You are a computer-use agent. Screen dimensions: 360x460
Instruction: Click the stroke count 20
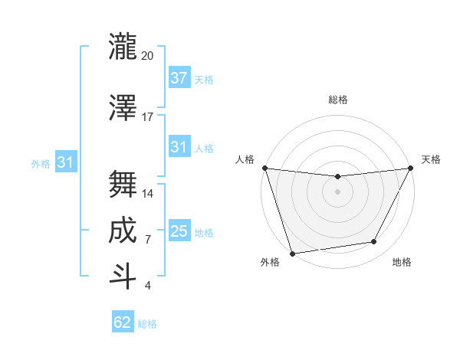click(x=148, y=56)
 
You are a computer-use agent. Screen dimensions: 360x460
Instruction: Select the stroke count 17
click(x=148, y=117)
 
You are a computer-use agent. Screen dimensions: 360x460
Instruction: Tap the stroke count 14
click(x=148, y=194)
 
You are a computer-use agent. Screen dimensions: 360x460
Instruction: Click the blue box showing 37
click(x=179, y=78)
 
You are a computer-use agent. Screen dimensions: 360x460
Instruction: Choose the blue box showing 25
click(x=179, y=231)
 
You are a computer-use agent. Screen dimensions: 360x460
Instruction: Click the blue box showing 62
click(x=123, y=322)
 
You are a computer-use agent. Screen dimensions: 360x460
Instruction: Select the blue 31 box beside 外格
click(x=65, y=162)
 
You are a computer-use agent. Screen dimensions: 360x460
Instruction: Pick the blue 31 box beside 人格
click(x=179, y=147)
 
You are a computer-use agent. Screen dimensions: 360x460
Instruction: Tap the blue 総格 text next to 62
click(x=147, y=324)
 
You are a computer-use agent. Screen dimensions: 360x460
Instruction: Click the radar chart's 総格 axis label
click(x=337, y=100)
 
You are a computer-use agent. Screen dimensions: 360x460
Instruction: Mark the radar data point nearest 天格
click(x=411, y=168)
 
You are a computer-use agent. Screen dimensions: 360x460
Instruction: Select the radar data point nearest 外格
click(x=292, y=253)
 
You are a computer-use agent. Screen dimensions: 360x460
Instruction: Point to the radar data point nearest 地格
click(x=374, y=242)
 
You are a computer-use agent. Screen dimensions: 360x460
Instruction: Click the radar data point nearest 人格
click(x=264, y=168)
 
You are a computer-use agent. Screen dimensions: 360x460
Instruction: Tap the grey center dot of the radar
click(x=337, y=191)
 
